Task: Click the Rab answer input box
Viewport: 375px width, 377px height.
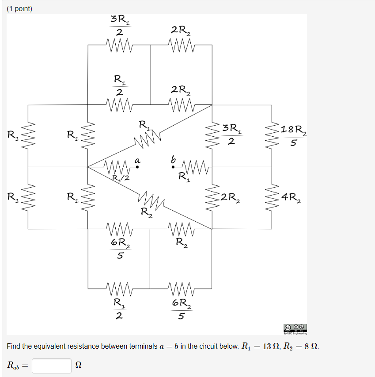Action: [52, 365]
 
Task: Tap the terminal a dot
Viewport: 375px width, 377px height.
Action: [137, 167]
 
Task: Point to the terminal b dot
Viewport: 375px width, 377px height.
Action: [173, 167]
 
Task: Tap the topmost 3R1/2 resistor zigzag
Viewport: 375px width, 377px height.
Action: [119, 45]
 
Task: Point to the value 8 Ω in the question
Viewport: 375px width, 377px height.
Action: [310, 346]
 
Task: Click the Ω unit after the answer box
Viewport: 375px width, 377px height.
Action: [79, 365]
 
